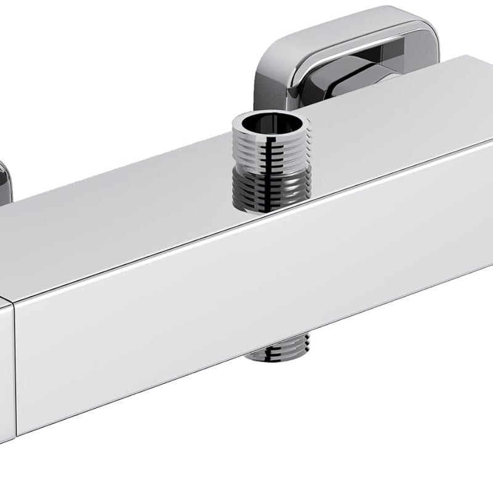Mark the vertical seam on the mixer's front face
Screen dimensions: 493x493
tap(14, 357)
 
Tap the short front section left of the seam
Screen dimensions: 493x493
tap(6, 357)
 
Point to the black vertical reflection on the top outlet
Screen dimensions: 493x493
tap(269, 166)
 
